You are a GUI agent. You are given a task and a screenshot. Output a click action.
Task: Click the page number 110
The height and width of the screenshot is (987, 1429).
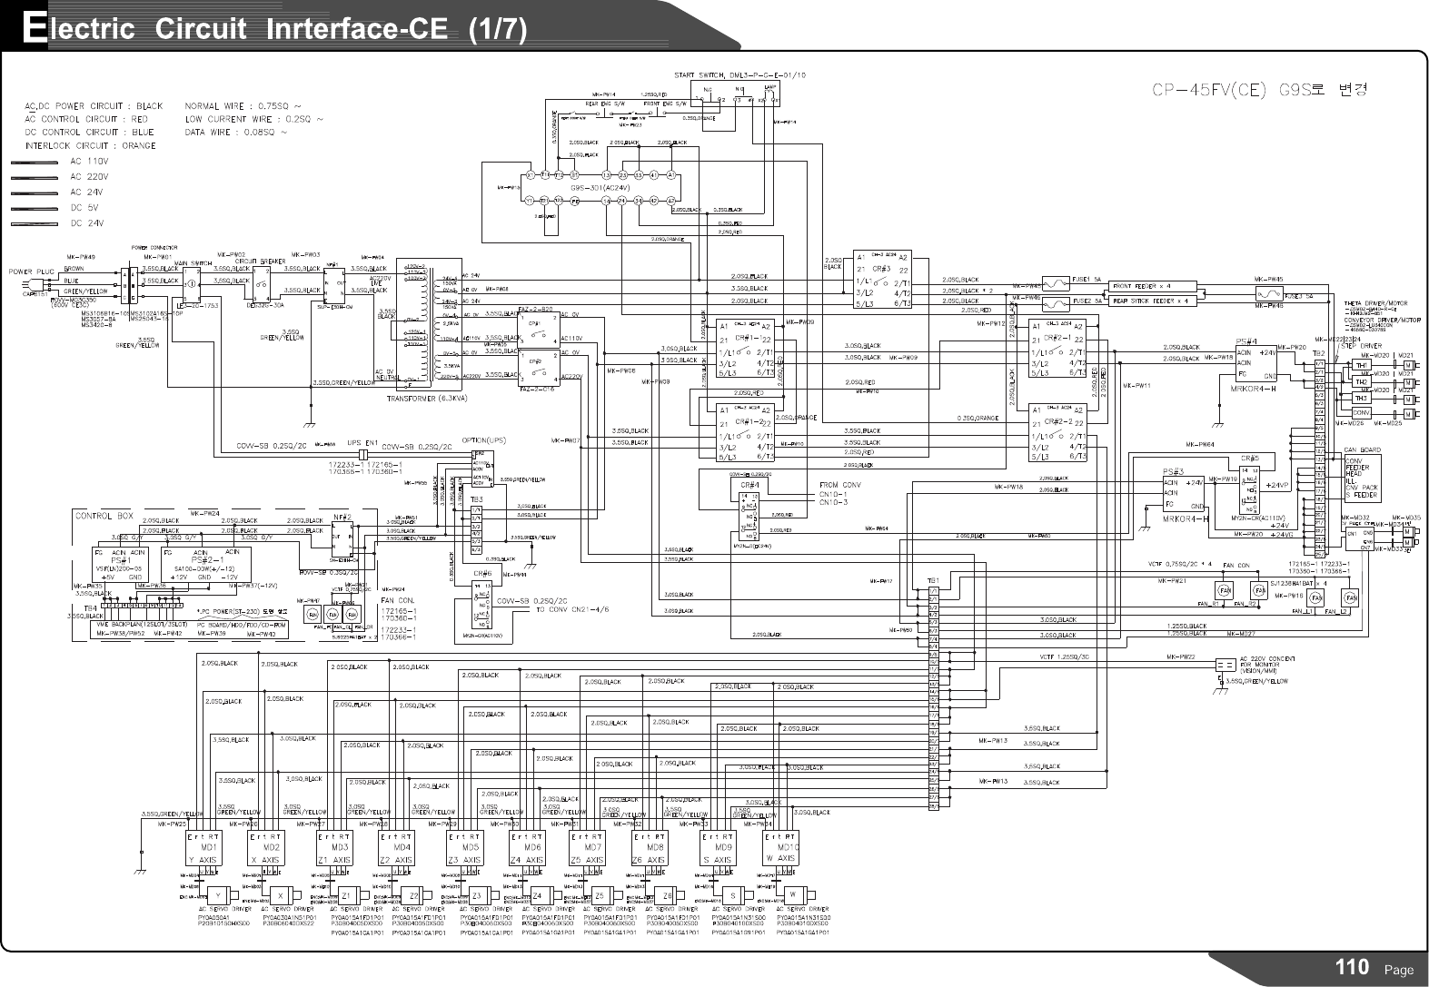(x=1352, y=968)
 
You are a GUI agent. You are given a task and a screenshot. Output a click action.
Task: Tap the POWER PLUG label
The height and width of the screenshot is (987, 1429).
(x=33, y=271)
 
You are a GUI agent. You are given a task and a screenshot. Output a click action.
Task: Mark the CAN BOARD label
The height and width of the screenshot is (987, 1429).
(x=1363, y=450)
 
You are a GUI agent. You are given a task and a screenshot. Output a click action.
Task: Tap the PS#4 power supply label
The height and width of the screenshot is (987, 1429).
(x=1246, y=341)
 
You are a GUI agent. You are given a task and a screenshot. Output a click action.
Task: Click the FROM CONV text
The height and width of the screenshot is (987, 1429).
(x=841, y=485)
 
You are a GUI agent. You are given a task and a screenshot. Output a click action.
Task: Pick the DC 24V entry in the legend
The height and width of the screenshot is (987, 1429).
(x=86, y=222)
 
